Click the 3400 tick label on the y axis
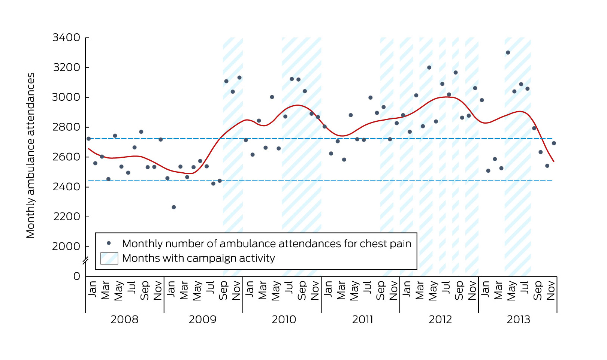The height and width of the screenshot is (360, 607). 66,37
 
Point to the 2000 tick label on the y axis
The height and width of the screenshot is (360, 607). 66,246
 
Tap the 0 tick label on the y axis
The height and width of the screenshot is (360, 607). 77,276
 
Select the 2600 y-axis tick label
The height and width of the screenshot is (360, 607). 66,157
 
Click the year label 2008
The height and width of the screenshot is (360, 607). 124,320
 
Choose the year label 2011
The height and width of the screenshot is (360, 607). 362,320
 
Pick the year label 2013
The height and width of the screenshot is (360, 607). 518,320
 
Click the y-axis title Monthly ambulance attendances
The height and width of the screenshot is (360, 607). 30,155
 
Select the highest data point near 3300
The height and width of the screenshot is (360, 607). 508,53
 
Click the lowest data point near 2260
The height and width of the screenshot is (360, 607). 174,207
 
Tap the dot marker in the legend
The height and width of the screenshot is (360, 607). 109,243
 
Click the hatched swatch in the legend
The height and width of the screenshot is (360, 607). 109,258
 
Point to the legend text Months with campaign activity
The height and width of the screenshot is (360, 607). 198,258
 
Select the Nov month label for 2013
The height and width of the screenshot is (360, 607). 550,291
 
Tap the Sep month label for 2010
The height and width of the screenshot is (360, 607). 302,291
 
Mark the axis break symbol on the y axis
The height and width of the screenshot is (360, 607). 85,261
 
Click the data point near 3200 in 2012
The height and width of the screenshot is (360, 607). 429,68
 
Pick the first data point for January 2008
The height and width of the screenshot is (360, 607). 89,139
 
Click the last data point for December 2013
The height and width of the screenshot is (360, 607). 554,143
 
